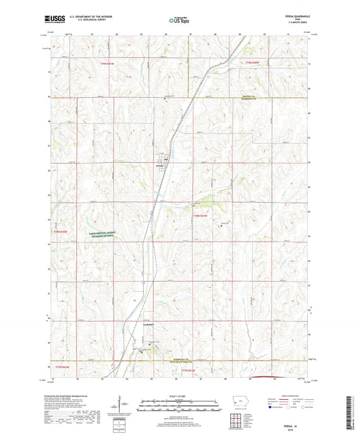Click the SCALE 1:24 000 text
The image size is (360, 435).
pyautogui.click(x=179, y=394)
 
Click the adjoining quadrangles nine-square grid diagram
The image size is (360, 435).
pyautogui.click(x=238, y=421)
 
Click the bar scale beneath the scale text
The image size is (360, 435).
pyautogui.click(x=179, y=407)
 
